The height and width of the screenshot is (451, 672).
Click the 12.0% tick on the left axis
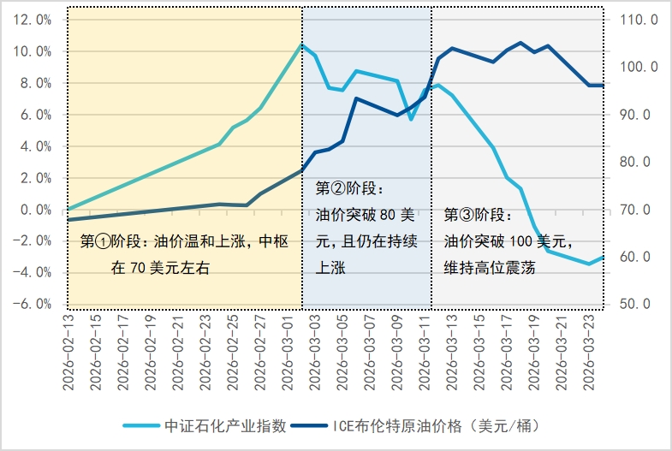(x=33, y=20)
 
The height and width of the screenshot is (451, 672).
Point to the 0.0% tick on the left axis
(x=35, y=210)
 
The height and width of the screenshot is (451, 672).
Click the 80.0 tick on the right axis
(x=636, y=162)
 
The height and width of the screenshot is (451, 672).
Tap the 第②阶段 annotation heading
(x=351, y=187)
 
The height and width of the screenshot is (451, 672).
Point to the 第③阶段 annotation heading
(x=479, y=215)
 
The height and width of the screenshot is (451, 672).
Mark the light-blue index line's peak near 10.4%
(x=301, y=45)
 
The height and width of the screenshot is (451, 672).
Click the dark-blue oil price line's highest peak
(x=520, y=42)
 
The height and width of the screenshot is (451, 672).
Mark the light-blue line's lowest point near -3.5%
(x=589, y=264)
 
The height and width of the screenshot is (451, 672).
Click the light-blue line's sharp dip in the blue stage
(x=411, y=119)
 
